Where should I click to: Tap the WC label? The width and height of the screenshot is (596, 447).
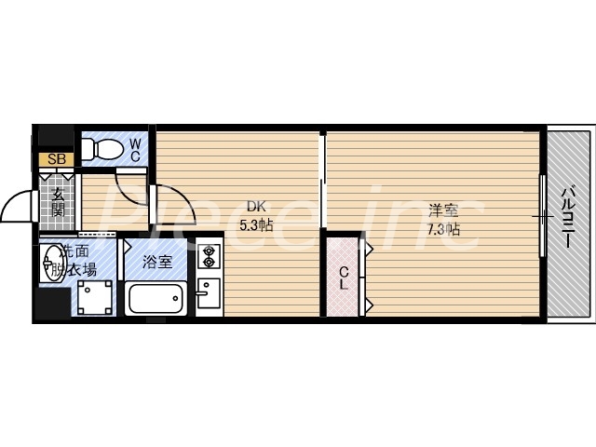[136, 149]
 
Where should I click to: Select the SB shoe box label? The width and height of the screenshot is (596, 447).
[55, 159]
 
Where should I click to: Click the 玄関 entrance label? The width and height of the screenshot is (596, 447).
[58, 202]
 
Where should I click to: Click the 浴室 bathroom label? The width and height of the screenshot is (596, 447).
[156, 263]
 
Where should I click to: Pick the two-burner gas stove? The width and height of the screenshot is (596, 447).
[208, 256]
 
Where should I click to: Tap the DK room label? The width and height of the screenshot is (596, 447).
[254, 207]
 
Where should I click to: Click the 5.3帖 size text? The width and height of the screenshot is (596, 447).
[255, 224]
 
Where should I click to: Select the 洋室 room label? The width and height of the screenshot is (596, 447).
[443, 210]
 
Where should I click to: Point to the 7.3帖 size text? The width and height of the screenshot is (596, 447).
[444, 228]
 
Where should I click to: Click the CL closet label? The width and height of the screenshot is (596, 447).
[343, 278]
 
